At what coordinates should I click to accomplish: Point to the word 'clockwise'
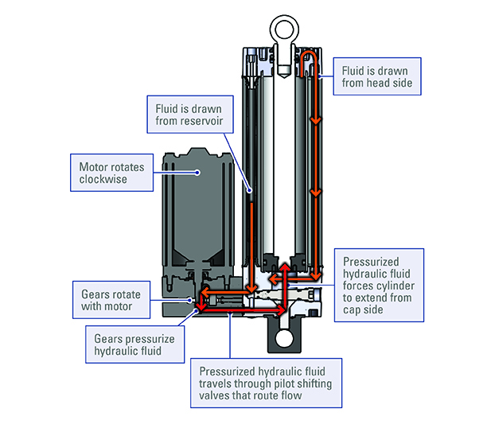(x=104, y=180)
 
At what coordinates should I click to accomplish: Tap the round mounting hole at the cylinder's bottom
(x=282, y=341)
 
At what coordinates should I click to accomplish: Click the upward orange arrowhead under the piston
(x=285, y=264)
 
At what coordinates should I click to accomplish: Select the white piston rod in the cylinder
(x=283, y=159)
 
